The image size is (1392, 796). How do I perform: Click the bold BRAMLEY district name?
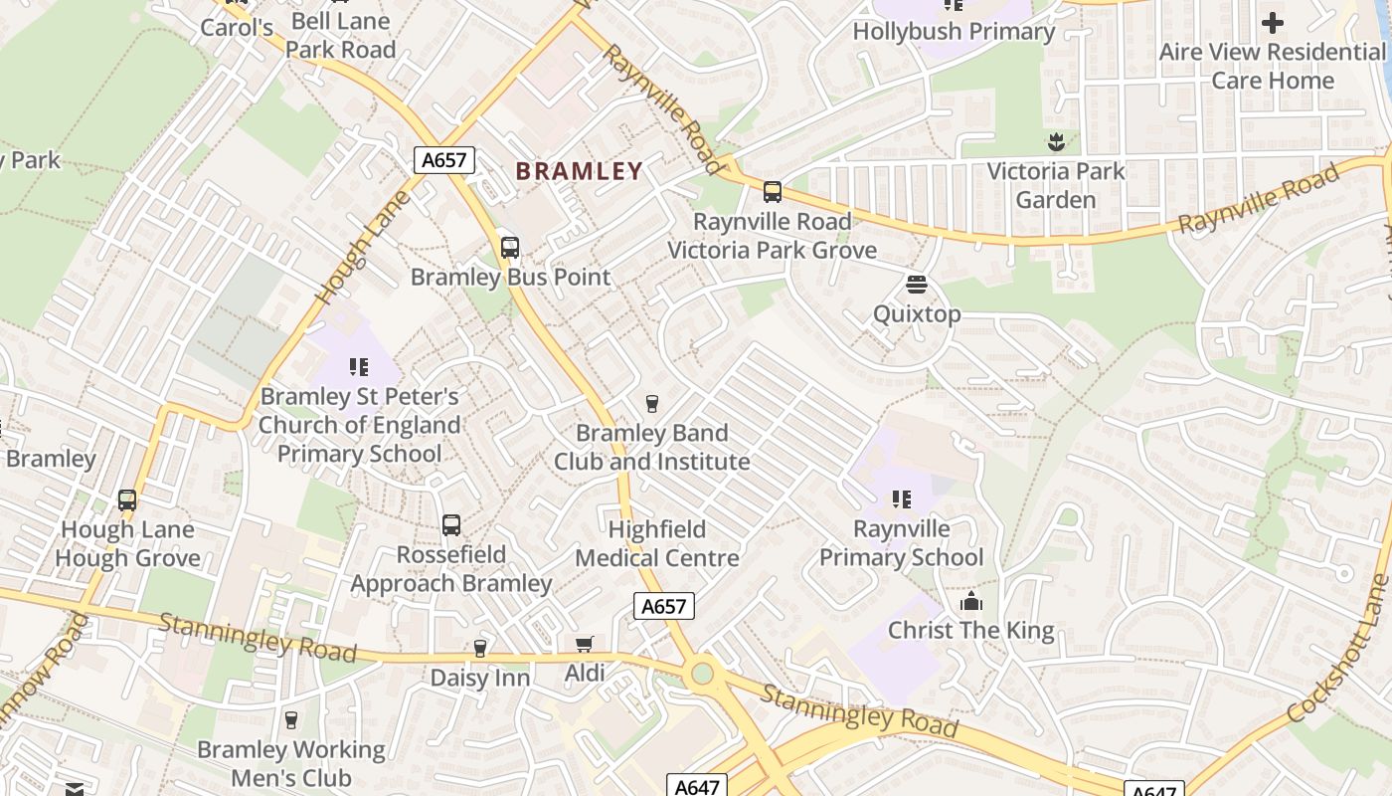tap(579, 171)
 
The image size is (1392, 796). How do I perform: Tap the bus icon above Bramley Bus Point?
tap(509, 247)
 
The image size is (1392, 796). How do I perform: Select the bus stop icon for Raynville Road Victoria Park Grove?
tap(772, 192)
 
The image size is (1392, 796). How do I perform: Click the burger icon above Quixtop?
tap(916, 286)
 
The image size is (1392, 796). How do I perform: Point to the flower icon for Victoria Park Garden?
tap(1056, 143)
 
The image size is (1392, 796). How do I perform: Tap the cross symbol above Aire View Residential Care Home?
tap(1272, 23)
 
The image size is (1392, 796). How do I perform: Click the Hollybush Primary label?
tap(953, 32)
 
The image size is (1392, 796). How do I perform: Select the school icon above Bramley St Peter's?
tap(359, 367)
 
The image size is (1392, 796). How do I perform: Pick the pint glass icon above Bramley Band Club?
tap(651, 403)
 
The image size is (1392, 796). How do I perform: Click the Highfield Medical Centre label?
tap(656, 543)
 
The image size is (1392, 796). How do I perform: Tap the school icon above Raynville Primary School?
tap(901, 498)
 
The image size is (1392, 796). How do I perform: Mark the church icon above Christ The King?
tap(970, 602)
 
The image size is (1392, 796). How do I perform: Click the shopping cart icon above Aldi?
tap(585, 645)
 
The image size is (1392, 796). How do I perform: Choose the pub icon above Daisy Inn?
tap(479, 649)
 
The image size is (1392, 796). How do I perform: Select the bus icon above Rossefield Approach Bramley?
tap(450, 524)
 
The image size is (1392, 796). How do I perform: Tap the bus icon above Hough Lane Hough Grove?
tap(126, 499)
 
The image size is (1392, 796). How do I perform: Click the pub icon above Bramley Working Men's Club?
tap(290, 720)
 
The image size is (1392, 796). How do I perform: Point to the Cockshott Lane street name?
tap(1338, 649)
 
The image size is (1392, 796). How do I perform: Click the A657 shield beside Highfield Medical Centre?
tap(663, 606)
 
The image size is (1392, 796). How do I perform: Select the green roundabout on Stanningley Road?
tap(703, 675)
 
